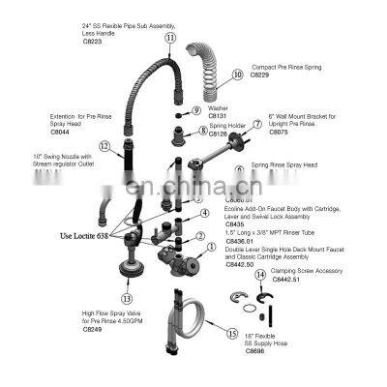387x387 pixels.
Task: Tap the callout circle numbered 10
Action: [x=237, y=73]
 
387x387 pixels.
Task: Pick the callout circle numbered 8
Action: [x=201, y=131]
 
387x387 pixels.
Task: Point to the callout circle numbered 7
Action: [x=257, y=124]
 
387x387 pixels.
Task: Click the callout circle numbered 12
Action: [x=104, y=148]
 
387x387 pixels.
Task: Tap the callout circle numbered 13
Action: [x=127, y=299]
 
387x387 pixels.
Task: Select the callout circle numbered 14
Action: [x=259, y=276]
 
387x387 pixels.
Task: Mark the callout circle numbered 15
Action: [x=232, y=333]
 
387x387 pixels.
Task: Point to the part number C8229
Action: [x=260, y=76]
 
